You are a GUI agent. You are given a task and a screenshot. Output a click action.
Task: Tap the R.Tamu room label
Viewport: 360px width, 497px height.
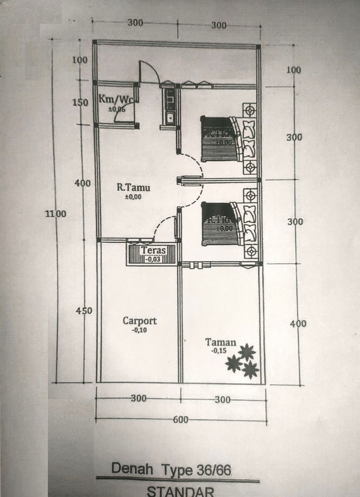coord(133,187)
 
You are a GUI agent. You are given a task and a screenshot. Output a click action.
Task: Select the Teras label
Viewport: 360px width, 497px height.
coord(153,251)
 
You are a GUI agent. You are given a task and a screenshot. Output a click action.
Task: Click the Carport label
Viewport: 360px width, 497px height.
coord(140,321)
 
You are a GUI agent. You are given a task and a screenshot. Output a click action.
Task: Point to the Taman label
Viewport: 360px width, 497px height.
coord(220,342)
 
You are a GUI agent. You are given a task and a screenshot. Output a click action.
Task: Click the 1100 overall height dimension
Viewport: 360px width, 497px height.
coord(56,214)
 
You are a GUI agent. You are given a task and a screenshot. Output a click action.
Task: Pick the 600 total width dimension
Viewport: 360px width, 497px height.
coord(181,419)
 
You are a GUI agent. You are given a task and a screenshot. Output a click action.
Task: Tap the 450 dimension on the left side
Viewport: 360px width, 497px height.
coord(84,311)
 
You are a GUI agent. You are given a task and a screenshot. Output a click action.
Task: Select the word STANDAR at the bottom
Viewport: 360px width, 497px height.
coord(180,491)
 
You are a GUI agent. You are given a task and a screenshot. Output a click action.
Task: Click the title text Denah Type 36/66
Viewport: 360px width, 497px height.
coord(172,470)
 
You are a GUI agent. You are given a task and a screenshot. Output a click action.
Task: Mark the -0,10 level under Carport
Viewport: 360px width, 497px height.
coord(140,330)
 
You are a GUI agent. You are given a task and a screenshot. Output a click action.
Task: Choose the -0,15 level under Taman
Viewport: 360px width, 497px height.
coord(219,351)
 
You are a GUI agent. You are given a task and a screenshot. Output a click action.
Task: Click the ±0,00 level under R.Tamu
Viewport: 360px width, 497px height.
coord(133,197)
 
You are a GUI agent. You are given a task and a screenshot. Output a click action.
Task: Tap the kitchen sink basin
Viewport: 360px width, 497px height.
coord(170,118)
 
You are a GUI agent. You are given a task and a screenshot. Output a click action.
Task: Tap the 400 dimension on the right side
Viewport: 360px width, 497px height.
coord(298,324)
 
